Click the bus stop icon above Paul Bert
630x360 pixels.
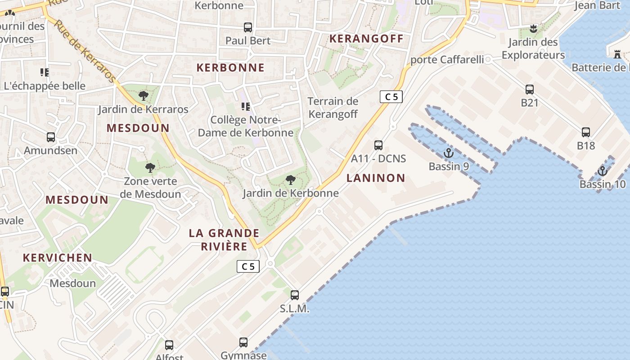click(x=247, y=27)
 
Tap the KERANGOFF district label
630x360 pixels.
click(x=366, y=39)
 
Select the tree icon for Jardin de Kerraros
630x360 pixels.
click(x=144, y=95)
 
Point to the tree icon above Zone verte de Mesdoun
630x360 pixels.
click(x=150, y=168)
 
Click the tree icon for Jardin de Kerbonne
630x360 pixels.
click(x=291, y=180)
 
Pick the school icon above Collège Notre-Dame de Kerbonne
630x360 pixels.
click(x=246, y=107)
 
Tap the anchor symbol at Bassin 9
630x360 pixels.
click(x=448, y=153)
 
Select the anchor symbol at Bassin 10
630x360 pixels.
click(x=602, y=171)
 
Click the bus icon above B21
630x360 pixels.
click(x=530, y=89)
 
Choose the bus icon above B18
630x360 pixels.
click(x=585, y=132)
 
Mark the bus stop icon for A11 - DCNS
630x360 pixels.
click(x=378, y=145)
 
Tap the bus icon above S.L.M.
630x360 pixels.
click(x=295, y=295)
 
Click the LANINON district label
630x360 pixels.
click(x=376, y=178)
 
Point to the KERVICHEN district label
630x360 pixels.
click(x=58, y=258)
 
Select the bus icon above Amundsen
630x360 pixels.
click(x=51, y=137)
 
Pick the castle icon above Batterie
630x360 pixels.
click(x=617, y=54)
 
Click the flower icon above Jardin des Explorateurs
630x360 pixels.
click(x=533, y=29)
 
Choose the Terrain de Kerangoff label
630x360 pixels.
click(x=333, y=108)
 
